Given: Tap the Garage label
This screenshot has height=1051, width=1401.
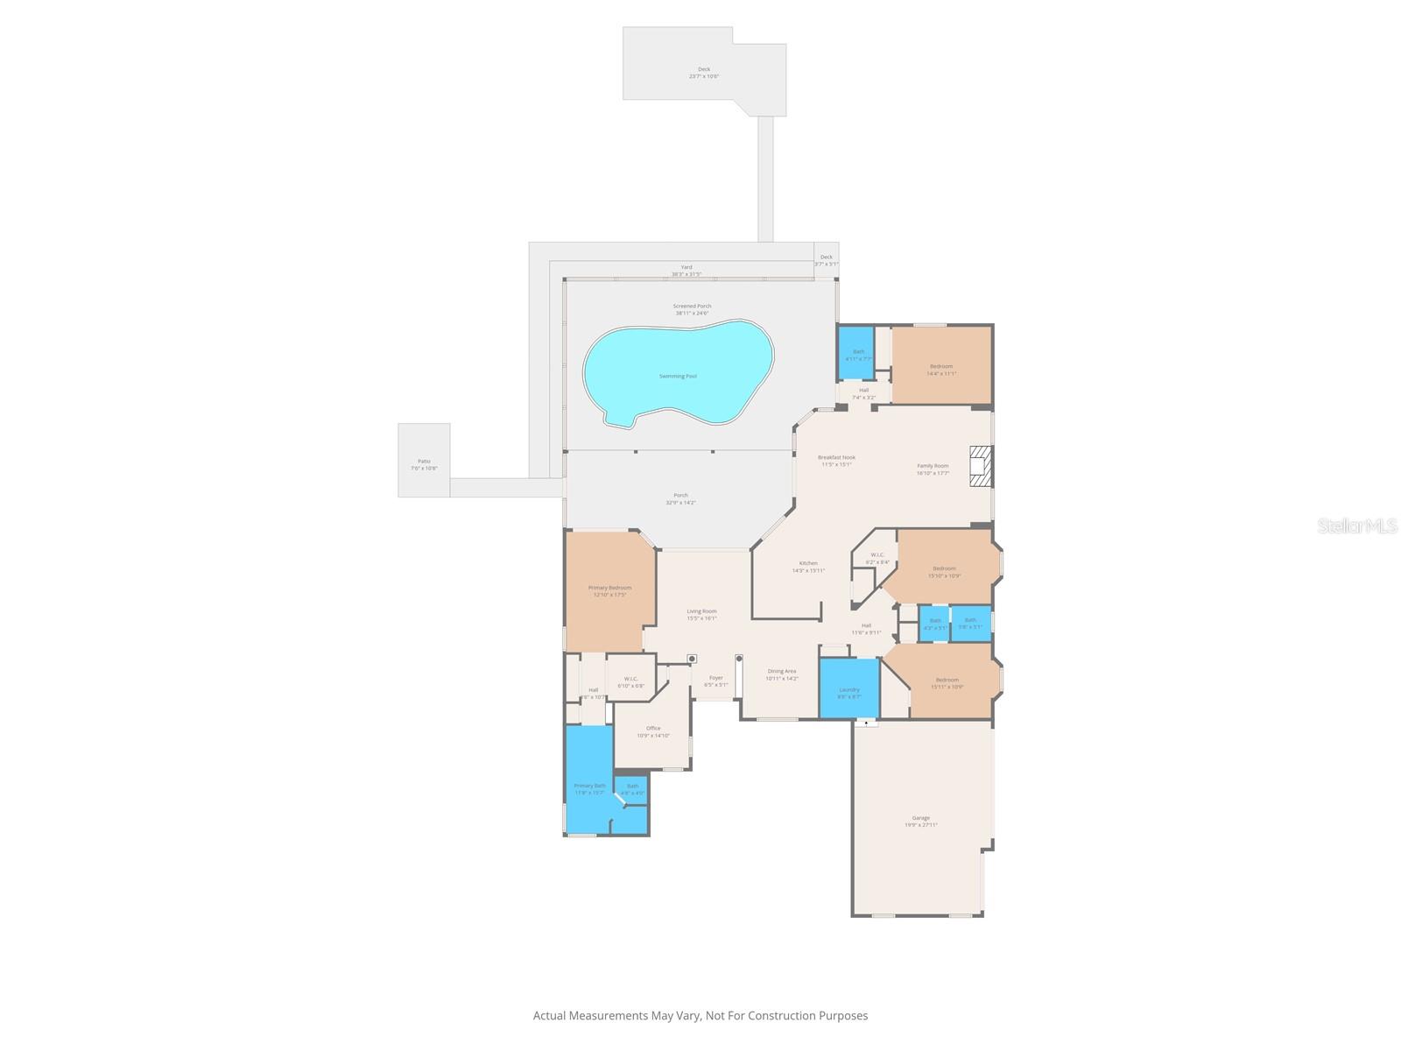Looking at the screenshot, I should coord(921,818).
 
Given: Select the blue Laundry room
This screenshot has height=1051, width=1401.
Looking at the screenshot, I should coord(848,689).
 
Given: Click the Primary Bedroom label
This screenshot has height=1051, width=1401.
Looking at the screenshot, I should coord(609,588).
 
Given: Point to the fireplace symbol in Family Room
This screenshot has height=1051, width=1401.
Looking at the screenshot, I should coord(982,466).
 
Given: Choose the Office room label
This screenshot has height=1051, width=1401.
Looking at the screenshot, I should coord(653,728).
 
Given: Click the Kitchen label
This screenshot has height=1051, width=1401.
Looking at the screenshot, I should coord(808,563).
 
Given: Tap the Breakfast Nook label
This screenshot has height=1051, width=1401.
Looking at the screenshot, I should coord(836,457).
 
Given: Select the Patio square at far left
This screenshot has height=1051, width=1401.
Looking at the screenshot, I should coord(424,462).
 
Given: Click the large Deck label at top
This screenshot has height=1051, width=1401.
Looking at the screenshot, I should coord(704,69).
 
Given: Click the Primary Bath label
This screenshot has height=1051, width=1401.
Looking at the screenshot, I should coord(589,786).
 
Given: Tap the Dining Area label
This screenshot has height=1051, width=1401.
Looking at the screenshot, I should coord(782,671).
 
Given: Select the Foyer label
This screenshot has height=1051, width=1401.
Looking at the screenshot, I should coord(716,677).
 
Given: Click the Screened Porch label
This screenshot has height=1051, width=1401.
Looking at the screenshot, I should coord(692,306).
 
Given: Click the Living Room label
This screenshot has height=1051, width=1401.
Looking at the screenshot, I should coord(701,611).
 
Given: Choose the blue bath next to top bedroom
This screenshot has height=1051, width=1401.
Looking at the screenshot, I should coord(857,352).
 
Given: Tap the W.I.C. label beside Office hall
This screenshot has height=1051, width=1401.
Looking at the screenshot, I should coord(630,679).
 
